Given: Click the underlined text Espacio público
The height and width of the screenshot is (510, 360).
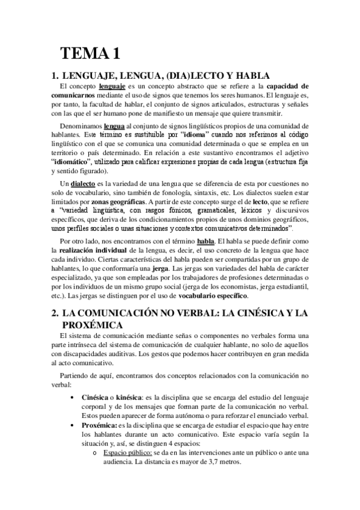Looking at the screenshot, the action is click(x=127, y=452).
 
